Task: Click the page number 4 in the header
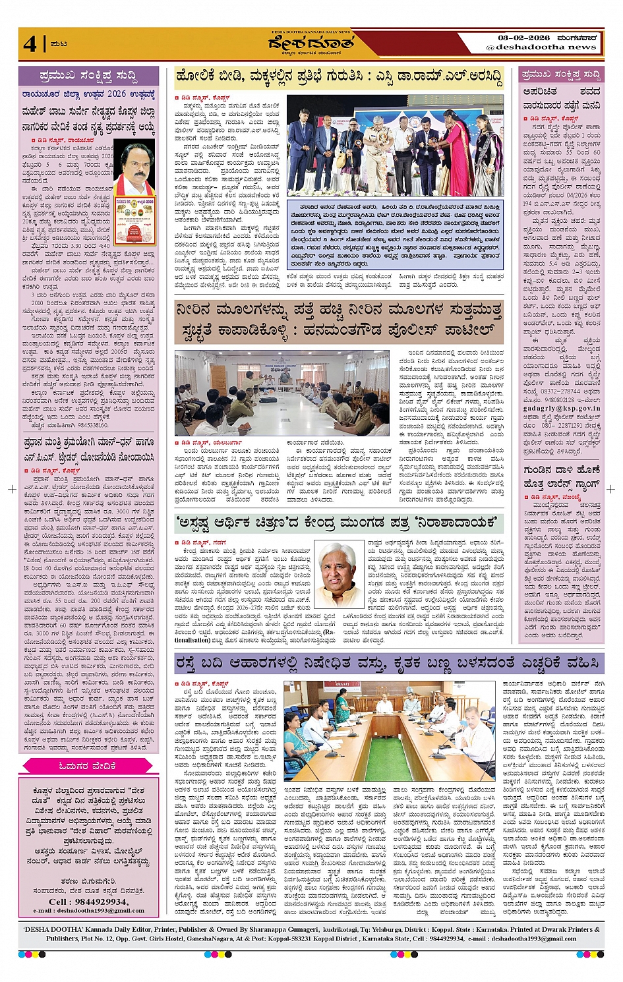30,43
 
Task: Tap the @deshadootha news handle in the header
541,47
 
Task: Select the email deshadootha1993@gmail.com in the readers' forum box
88,910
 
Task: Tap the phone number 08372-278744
560,391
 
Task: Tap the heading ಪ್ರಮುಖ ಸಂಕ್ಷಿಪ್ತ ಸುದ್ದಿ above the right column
560,74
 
